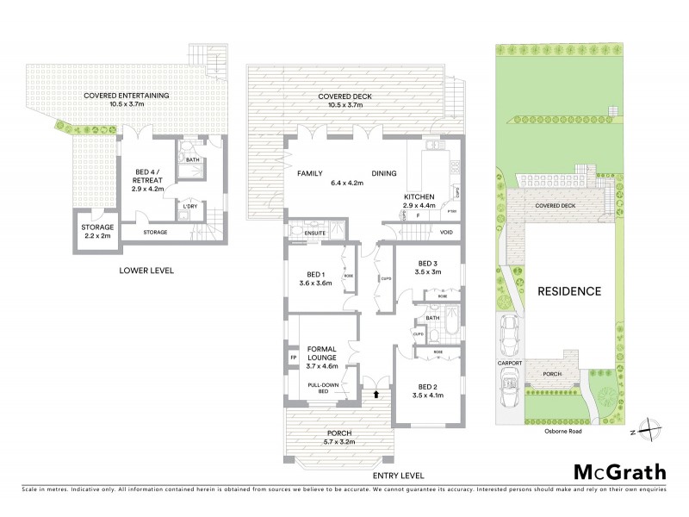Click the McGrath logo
(x=619, y=471)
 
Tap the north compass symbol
(x=653, y=428)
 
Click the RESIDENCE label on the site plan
(x=569, y=291)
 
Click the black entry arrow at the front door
(x=376, y=394)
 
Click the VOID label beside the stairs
(x=446, y=233)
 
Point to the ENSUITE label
(x=302, y=232)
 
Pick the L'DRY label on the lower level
(x=190, y=206)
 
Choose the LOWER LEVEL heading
(x=146, y=271)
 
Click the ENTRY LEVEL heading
(x=400, y=476)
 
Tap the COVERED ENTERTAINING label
(x=126, y=95)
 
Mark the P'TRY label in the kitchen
(x=450, y=211)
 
